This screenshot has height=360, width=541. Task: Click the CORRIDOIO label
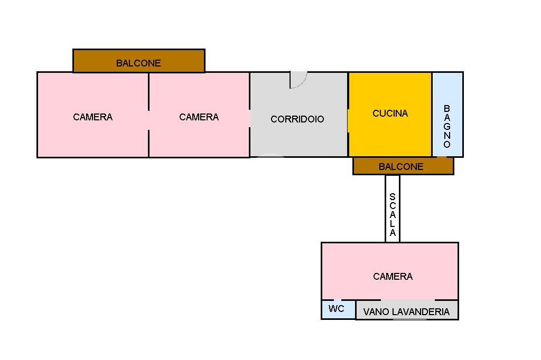297,119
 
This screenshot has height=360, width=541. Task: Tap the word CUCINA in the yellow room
390,113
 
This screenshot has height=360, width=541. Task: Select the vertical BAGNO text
447,127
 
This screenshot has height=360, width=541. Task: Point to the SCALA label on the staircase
393,214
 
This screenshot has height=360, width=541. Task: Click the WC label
336,309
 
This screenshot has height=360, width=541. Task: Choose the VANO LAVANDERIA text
406,312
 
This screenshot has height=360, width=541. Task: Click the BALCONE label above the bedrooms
138,63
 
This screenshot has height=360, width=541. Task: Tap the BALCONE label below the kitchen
401,167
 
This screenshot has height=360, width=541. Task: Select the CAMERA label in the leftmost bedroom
93,117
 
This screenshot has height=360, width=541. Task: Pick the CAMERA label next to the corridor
199,117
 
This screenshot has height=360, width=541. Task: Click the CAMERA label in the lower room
393,276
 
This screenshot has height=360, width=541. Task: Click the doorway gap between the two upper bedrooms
148,120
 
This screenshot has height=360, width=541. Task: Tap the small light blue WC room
339,309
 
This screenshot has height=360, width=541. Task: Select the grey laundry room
407,310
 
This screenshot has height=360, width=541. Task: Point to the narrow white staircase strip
393,209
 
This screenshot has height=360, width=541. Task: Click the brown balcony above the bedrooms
139,61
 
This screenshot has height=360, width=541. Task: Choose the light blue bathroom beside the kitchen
447,115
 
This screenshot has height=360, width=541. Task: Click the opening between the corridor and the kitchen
348,121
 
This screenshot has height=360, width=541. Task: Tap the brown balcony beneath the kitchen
403,166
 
